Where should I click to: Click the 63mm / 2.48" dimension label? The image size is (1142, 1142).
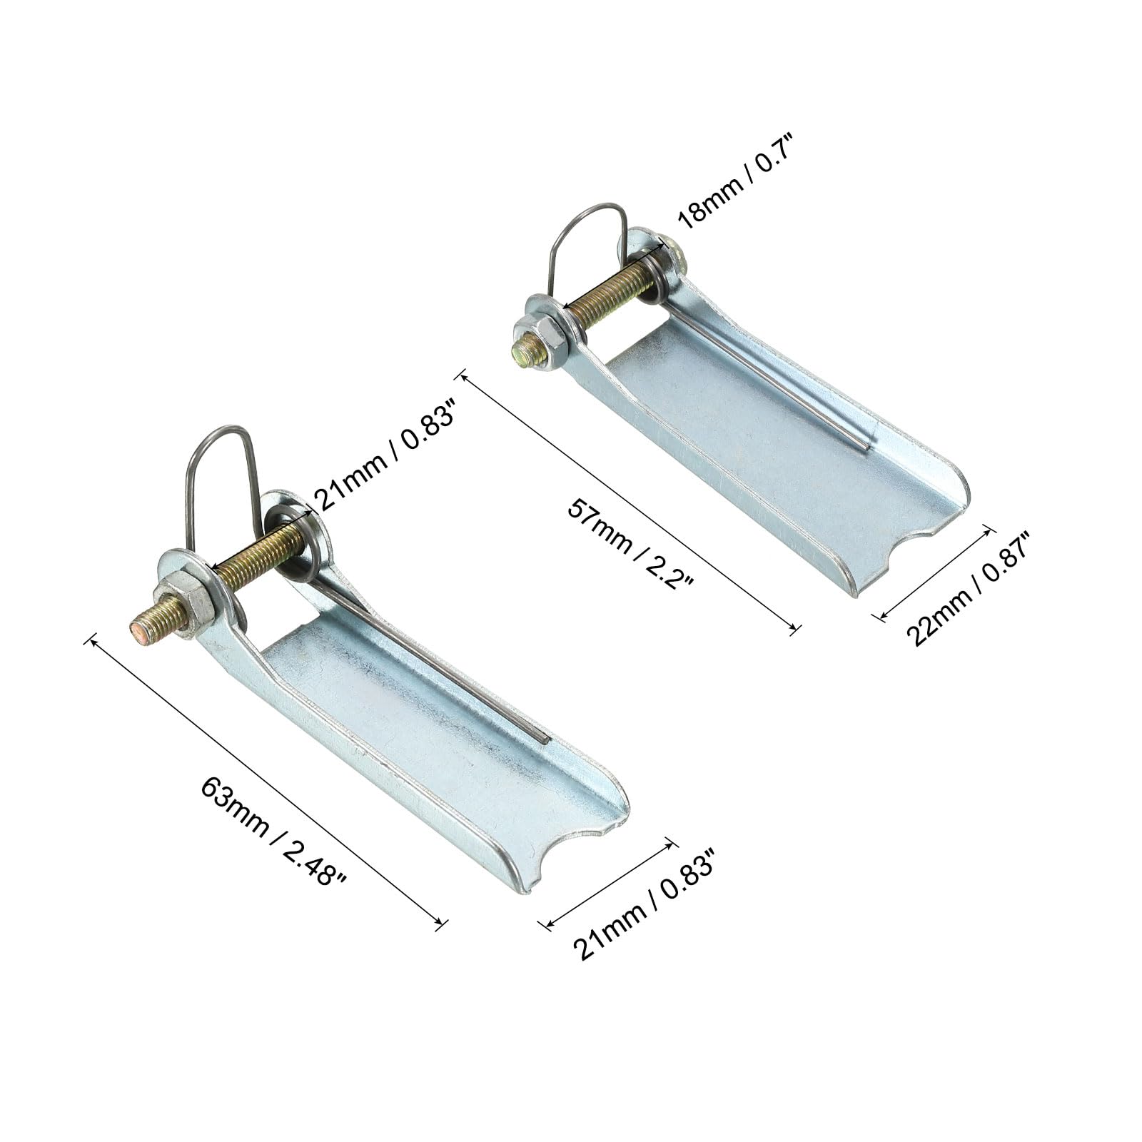click(273, 831)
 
